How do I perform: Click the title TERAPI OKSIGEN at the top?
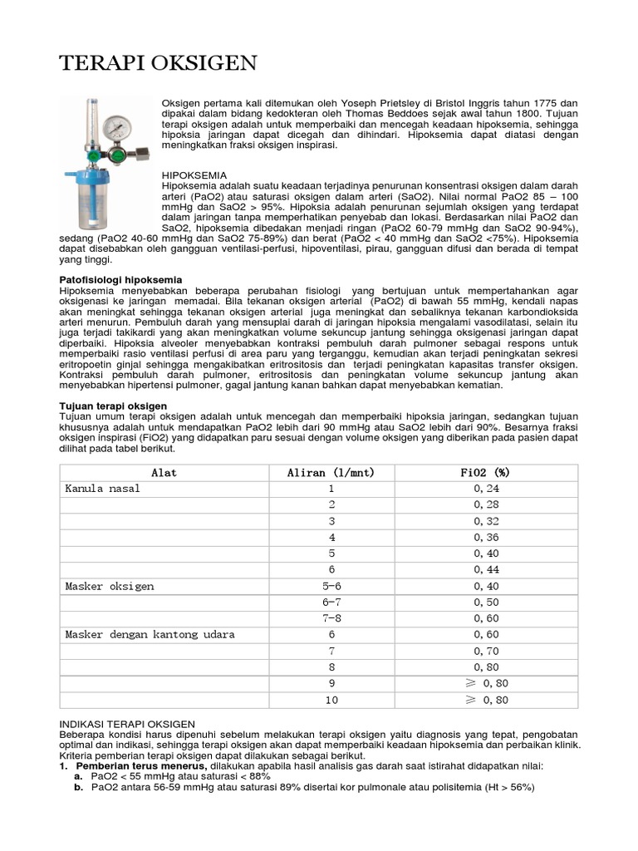[x=159, y=63]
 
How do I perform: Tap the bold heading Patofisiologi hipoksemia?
[x=120, y=279]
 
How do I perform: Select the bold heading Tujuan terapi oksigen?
[x=114, y=406]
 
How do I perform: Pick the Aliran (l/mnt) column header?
[x=331, y=473]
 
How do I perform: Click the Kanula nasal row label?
[x=103, y=489]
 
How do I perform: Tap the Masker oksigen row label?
[x=110, y=586]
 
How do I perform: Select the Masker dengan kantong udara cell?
[x=150, y=635]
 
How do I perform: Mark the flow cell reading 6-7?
[x=331, y=603]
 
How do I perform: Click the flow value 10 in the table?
[x=331, y=700]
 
